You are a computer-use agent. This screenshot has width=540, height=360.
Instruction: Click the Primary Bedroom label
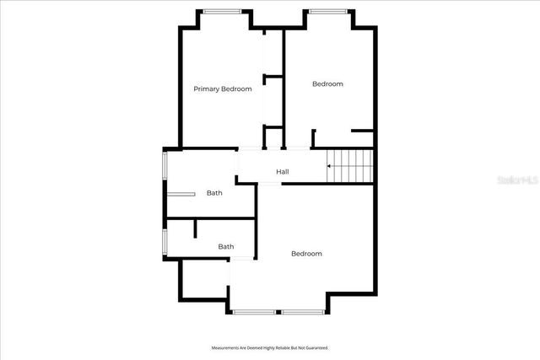point(223,89)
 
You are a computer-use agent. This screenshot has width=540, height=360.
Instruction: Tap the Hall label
point(283,172)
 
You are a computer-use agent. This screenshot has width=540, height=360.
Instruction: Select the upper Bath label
point(214,193)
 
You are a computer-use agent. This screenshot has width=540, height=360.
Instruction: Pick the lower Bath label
point(226,247)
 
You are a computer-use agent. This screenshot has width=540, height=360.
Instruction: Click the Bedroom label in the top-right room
point(327,83)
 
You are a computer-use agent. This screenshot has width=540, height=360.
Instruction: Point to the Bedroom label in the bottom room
point(306,254)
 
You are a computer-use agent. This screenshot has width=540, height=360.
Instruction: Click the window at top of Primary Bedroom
point(222,11)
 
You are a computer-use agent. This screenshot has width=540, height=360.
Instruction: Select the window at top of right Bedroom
point(327,11)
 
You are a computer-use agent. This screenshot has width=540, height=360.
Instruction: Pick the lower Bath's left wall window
point(165,239)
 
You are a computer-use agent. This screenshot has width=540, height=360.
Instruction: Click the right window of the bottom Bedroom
point(304,312)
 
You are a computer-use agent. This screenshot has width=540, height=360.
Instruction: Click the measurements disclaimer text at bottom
point(269,347)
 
